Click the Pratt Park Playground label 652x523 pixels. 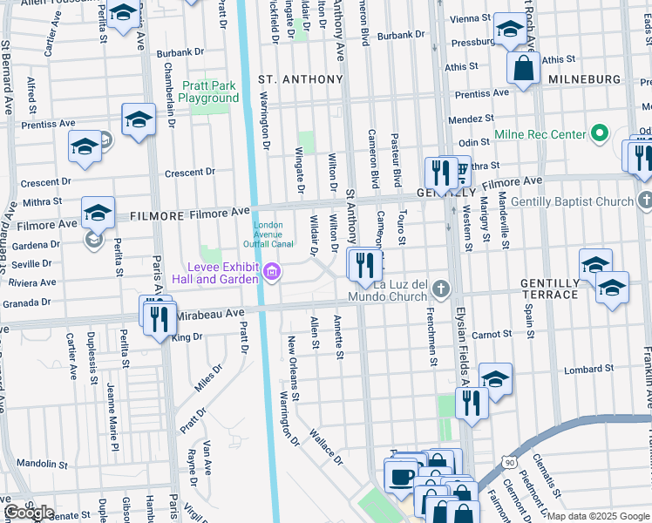[x=208, y=92]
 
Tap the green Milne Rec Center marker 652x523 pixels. [x=599, y=134]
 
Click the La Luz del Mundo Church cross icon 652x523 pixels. [x=442, y=289]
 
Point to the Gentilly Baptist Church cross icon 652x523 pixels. [x=646, y=202]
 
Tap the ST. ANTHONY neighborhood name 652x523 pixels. [x=301, y=79]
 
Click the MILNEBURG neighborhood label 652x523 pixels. [x=584, y=79]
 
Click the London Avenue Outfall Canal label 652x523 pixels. [x=268, y=234]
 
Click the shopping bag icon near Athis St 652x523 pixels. [x=524, y=70]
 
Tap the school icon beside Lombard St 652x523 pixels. [x=495, y=380]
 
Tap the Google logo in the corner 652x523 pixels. [x=29, y=513]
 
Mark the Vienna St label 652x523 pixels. [x=471, y=18]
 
